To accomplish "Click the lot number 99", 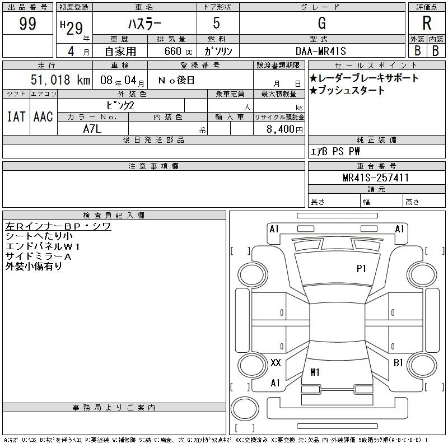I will pyautogui.click(x=28, y=24).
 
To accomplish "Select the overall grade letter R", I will pyautogui.click(x=427, y=24).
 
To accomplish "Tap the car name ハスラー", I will pyautogui.click(x=144, y=24).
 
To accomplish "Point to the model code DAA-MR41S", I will pyautogui.click(x=322, y=50).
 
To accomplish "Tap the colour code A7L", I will pyautogui.click(x=93, y=128).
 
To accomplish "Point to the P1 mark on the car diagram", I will pyautogui.click(x=362, y=269).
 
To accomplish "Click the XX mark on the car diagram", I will pyautogui.click(x=276, y=363).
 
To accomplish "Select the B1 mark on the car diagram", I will pyautogui.click(x=398, y=363).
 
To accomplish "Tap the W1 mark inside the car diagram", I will pyautogui.click(x=315, y=372).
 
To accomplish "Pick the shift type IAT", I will pyautogui.click(x=16, y=116).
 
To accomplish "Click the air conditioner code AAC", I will pyautogui.click(x=43, y=116).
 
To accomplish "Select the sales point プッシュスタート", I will pyautogui.click(x=347, y=91).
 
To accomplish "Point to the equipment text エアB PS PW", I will pyautogui.click(x=335, y=151).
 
